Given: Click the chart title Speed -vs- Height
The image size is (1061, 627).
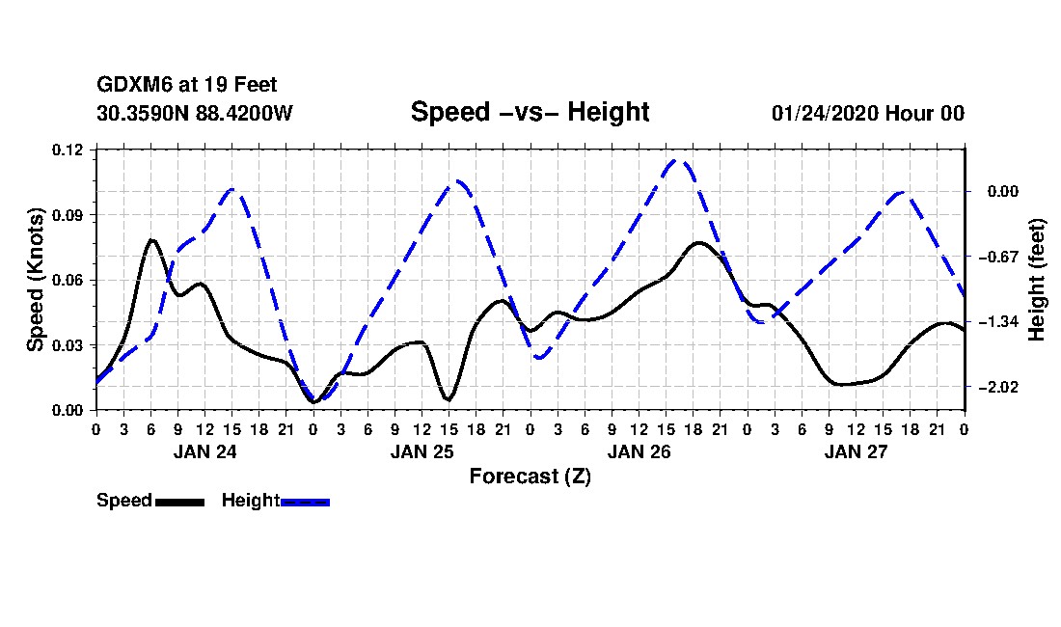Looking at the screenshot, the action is point(530,112).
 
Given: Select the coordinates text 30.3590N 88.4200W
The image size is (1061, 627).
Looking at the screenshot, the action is point(195,113).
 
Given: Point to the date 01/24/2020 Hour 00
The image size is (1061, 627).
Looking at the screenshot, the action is point(867,113).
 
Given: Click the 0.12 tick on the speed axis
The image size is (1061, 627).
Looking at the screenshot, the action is point(68,150).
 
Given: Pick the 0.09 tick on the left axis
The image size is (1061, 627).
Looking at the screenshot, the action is point(68,215).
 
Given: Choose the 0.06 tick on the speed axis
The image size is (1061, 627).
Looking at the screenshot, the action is point(68,280).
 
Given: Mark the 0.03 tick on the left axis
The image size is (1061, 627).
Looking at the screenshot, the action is point(68,345).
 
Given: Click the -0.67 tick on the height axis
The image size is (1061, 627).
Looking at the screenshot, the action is point(999,257).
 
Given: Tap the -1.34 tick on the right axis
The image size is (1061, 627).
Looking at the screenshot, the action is point(999,322).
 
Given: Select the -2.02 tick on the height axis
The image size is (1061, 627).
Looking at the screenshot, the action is point(999,388).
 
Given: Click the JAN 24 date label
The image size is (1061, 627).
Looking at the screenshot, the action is point(205,451).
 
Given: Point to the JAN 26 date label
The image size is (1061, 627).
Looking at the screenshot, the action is point(639,451).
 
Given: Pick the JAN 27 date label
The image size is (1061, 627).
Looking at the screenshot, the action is point(856,451).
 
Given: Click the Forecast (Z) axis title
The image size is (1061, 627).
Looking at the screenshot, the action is point(530,477).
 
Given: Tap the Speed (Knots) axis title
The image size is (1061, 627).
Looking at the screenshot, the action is point(35,280).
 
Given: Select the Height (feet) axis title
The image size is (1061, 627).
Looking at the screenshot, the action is point(1036,280).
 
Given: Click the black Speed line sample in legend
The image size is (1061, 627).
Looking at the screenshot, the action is point(180,502).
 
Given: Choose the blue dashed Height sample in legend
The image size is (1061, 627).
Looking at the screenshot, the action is point(305,502).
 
